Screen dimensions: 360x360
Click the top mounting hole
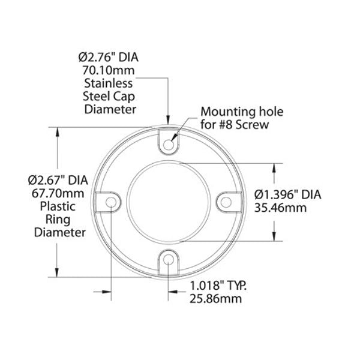(169, 145)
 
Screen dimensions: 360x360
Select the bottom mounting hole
(169, 259)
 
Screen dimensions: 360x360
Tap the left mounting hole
(111, 202)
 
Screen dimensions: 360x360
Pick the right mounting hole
(226, 202)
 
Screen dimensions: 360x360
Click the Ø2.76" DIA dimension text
(109, 57)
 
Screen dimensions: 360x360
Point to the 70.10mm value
(109, 70)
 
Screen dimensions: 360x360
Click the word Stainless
(109, 83)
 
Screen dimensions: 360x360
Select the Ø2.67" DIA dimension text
(58, 180)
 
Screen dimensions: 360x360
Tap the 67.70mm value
(58, 193)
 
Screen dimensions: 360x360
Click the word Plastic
(58, 206)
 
